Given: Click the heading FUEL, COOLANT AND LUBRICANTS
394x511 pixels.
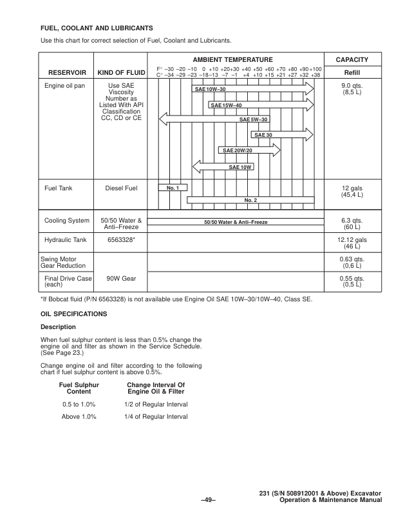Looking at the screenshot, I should point(97,28).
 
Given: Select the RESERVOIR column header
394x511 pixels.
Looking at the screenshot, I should point(66,72).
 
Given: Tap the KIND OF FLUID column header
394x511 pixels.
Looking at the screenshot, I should point(122,72).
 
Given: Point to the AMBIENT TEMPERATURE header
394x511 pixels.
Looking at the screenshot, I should point(238,59).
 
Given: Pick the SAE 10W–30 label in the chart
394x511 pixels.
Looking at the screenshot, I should point(210,88).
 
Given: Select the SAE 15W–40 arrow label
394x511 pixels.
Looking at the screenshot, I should point(226,105).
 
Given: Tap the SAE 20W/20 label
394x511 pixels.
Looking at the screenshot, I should point(238,150).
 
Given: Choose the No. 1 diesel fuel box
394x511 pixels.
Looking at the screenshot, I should point(173,188).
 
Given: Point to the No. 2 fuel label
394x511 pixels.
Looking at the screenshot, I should point(251,200).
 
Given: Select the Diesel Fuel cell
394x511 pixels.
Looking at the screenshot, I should point(122,188).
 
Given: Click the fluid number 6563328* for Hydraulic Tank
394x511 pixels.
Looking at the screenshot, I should point(122,240).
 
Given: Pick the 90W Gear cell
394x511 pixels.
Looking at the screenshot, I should point(122,279).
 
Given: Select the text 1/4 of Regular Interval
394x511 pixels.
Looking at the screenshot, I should point(156,417).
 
